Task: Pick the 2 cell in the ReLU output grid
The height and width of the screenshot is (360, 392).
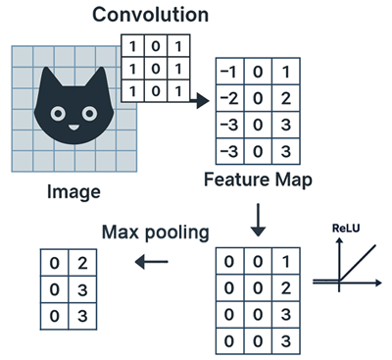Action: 285,289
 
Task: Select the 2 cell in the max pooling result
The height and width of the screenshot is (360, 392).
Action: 86,264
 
